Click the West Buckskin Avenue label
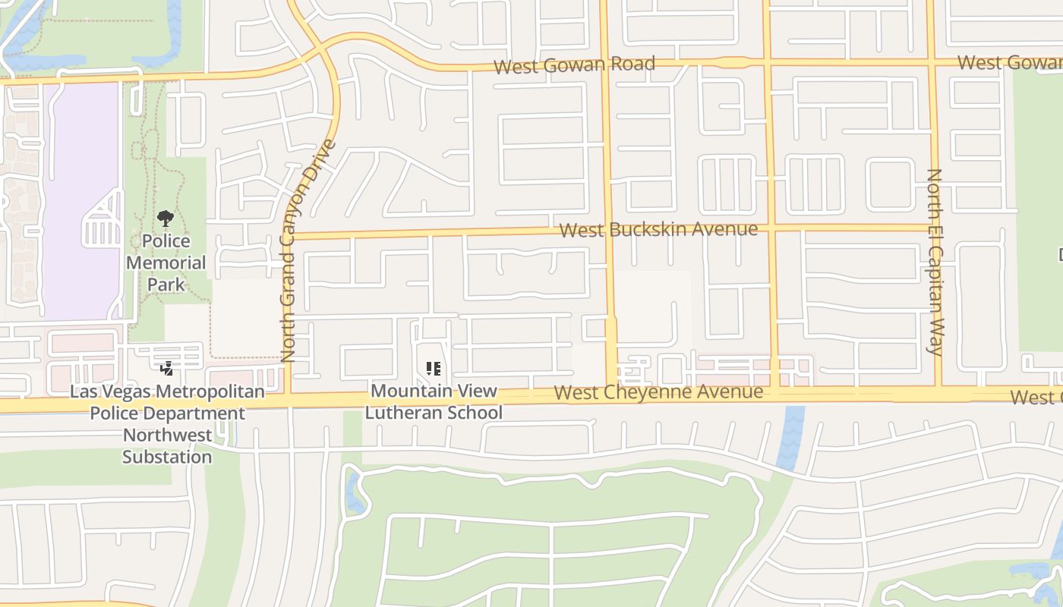click(658, 229)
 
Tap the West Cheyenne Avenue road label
click(658, 392)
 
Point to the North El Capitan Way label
click(935, 262)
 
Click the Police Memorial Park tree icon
click(166, 219)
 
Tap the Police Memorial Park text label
click(166, 263)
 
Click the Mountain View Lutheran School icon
click(434, 370)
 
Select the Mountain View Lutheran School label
click(434, 402)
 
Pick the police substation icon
click(166, 370)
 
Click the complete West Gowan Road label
click(574, 64)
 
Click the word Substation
click(167, 457)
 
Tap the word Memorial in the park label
click(166, 263)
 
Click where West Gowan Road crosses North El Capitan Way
click(932, 62)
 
